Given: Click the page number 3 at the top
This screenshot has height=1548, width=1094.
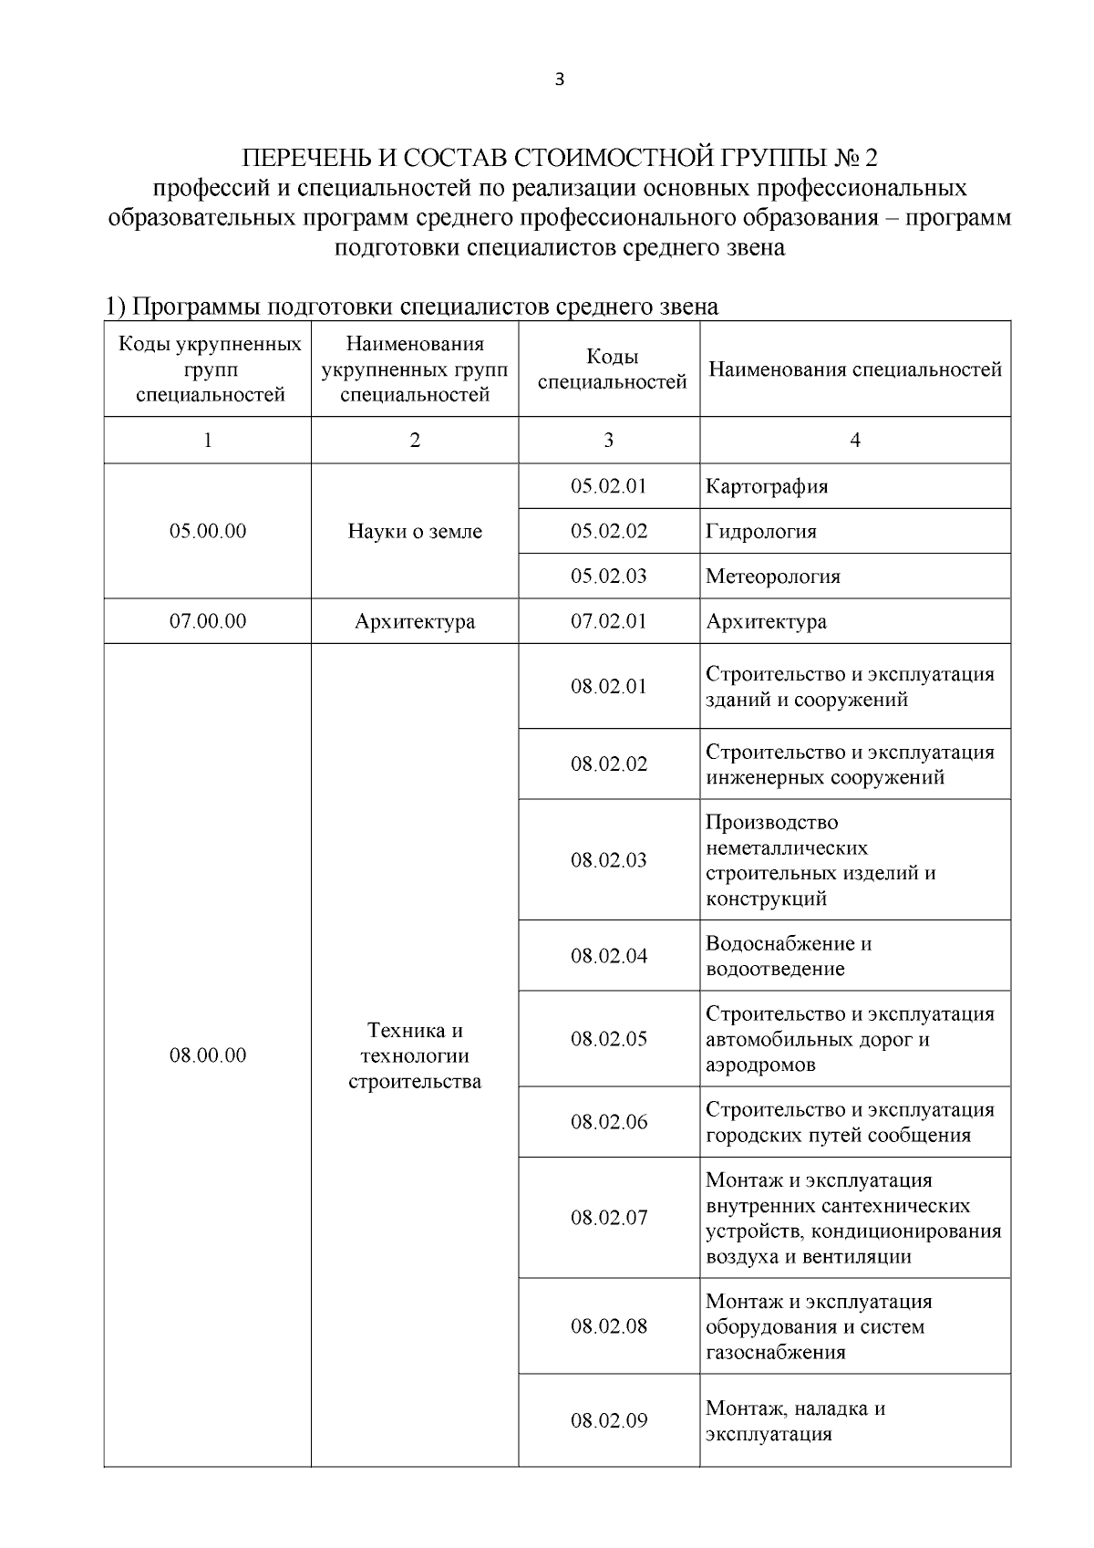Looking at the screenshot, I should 559,79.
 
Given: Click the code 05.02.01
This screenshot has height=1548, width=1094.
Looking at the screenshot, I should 609,486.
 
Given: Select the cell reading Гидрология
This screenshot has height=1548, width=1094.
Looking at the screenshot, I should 760,532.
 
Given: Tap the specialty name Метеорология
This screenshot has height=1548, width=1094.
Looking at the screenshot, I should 772,577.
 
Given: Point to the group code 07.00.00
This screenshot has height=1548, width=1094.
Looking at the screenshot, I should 208,621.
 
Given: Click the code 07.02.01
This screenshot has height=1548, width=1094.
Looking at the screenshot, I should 609,621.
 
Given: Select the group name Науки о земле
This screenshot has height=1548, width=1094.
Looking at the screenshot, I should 415,532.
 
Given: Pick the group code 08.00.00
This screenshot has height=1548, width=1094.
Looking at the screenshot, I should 208,1055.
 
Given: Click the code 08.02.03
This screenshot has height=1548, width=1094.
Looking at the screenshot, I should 609,860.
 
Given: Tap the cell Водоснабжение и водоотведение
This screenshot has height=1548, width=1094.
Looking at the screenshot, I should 789,956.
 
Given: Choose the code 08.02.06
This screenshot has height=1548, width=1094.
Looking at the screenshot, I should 609,1122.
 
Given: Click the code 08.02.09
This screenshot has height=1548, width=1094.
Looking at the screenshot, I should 609,1420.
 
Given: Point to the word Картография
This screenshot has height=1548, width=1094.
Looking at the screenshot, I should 767,486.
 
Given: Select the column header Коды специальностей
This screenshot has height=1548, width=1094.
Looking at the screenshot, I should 612,369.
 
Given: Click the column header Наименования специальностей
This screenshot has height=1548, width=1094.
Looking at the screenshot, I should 855,369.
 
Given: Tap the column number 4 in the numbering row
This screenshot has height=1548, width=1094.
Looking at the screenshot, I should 855,441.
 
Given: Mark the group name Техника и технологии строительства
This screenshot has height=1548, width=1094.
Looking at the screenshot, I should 415,1055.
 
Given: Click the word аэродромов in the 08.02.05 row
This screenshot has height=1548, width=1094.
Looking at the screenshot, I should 760,1065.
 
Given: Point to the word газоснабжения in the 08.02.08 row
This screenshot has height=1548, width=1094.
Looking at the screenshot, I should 775,1352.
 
